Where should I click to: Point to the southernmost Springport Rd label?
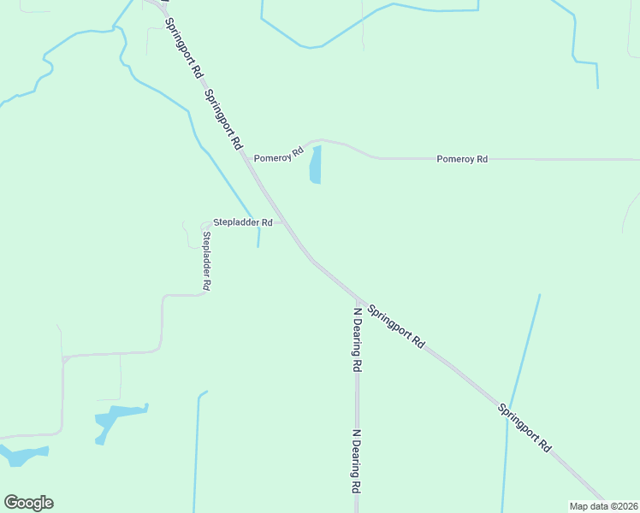coord(524,427)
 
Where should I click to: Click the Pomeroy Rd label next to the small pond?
coord(279,156)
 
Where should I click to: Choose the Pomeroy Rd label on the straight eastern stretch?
coord(462,159)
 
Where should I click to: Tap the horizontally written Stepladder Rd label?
coord(243,222)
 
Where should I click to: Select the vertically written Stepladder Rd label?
coord(206,259)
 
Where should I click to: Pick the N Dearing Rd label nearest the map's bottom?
coord(354,462)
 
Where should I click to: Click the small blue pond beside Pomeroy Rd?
coord(315,165)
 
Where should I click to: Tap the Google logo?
coord(28,503)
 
